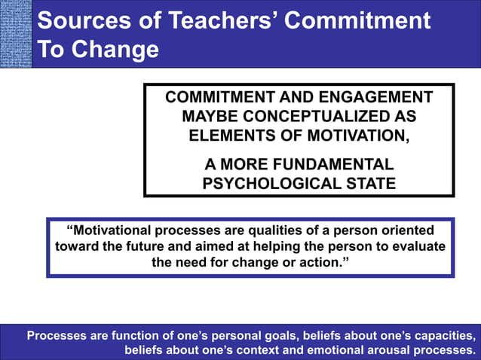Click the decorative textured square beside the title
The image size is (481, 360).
coord(16,34)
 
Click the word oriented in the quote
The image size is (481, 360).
coord(407,230)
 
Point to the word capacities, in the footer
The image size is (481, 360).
coord(443,336)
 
